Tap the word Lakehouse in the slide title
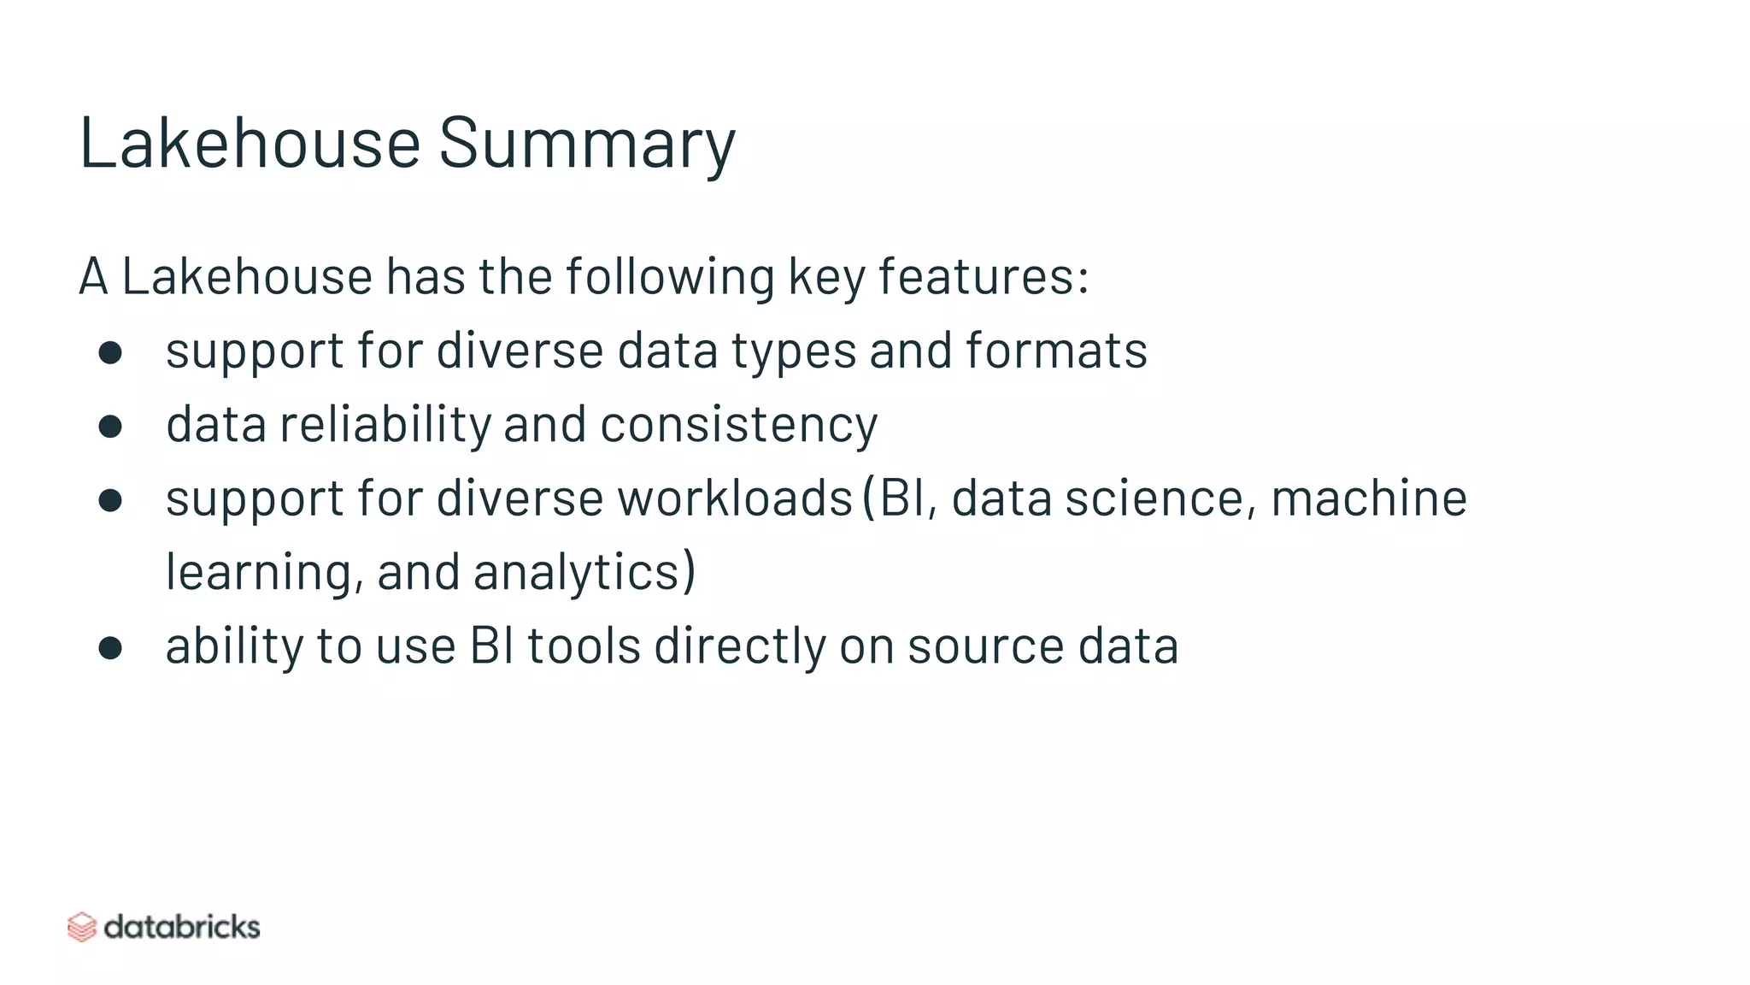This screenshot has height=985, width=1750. click(x=250, y=142)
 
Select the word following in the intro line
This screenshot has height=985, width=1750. click(x=669, y=277)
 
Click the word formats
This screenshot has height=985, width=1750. click(x=1056, y=351)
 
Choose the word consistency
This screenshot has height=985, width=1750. click(x=738, y=425)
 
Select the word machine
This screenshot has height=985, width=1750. click(x=1369, y=498)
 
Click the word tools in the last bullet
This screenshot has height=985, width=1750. click(x=584, y=645)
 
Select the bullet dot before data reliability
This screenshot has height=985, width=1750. click(x=110, y=426)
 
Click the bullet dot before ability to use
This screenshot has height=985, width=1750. click(x=110, y=647)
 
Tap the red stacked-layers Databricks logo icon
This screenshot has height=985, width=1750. click(x=81, y=927)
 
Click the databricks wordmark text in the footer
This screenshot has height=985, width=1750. click(x=181, y=927)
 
